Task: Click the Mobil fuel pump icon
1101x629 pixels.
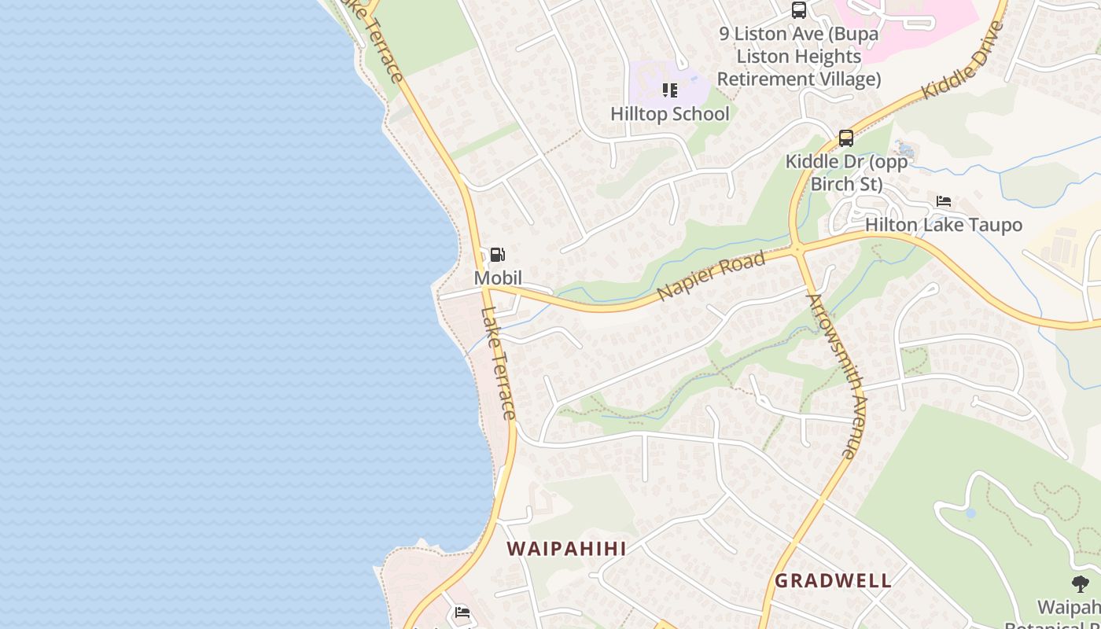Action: coord(497,255)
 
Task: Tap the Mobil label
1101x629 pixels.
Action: coord(498,278)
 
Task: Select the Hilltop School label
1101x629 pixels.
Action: coord(670,114)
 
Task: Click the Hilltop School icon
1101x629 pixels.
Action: coord(670,90)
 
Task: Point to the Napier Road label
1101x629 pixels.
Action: coord(711,276)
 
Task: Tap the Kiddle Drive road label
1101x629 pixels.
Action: coord(963,61)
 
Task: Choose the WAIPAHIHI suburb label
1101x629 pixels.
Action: coord(566,549)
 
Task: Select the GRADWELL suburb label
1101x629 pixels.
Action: coord(833,581)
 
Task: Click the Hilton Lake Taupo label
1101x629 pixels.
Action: coord(944,225)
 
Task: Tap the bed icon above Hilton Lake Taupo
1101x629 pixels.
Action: coord(944,201)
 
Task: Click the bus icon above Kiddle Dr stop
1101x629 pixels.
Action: coord(846,138)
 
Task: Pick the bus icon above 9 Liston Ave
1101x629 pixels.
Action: coord(799,10)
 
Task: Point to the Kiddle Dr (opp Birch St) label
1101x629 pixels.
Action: coord(846,173)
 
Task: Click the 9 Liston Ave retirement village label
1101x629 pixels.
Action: coord(799,57)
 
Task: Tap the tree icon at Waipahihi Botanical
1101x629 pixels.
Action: coord(1081,583)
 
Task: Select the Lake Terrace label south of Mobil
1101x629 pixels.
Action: coord(498,362)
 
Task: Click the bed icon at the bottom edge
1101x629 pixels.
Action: coord(462,612)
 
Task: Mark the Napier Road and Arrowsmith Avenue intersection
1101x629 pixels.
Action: coord(797,250)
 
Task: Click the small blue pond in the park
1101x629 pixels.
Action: coord(970,513)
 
